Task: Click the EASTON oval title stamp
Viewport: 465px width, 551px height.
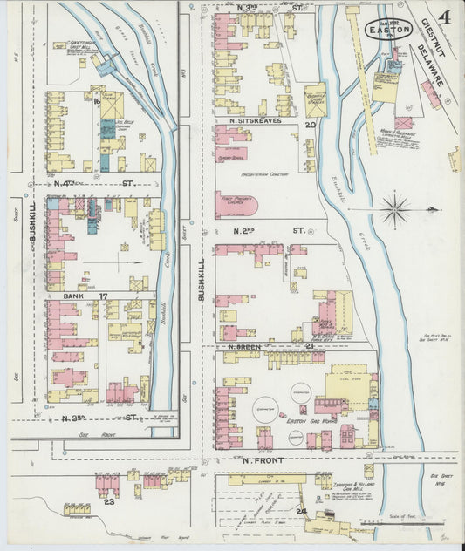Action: [386, 27]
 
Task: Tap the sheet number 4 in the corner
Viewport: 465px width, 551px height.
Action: [445, 17]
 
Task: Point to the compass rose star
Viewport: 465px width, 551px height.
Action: [395, 208]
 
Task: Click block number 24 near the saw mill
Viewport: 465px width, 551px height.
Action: [301, 511]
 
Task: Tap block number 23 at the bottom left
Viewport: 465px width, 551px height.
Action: [109, 501]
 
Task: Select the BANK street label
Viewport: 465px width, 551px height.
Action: [72, 296]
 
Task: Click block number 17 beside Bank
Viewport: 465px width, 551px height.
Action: [103, 296]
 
